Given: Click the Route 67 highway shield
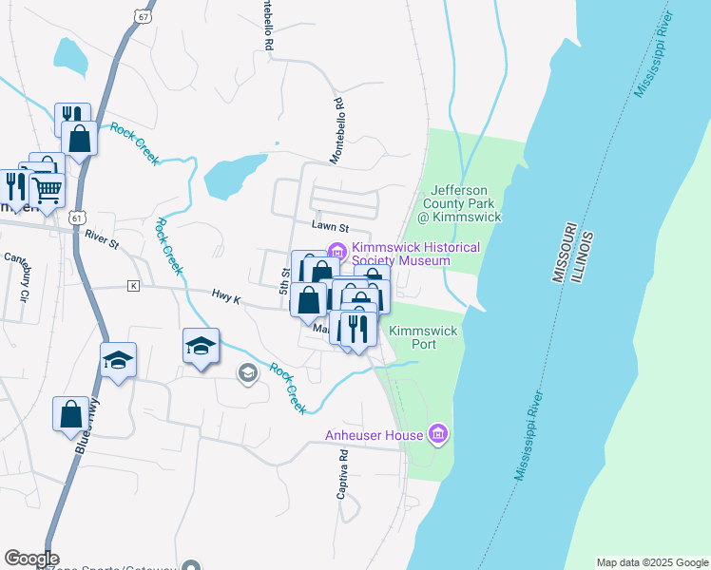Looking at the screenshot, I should tap(142, 17).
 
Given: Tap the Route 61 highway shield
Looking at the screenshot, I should tap(74, 218).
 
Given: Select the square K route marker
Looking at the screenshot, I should tap(134, 285).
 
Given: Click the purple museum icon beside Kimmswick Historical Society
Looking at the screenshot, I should tap(336, 251).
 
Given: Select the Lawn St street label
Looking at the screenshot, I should tap(331, 228).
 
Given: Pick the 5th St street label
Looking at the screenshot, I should tap(285, 278).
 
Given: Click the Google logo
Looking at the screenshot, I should tap(31, 559).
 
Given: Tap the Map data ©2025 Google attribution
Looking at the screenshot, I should tap(651, 562).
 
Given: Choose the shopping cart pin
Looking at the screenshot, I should tap(48, 189).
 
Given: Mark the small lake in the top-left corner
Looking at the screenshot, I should tap(69, 55).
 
